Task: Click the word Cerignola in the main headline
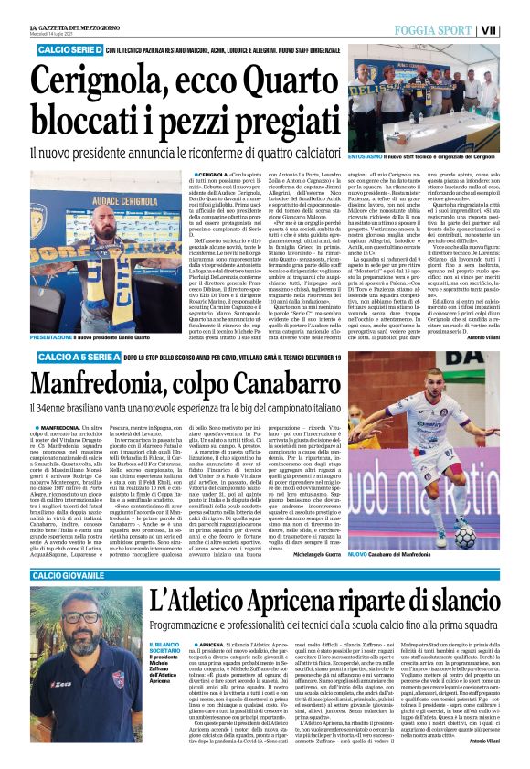tap(100, 77)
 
